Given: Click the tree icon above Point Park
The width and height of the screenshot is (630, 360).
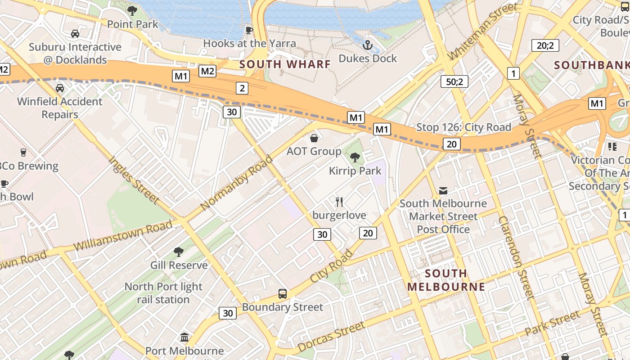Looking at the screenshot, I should point(132,11).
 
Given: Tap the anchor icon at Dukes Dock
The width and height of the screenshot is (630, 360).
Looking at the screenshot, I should point(368,45).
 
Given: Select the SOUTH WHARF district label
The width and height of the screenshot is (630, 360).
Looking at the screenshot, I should point(285,64).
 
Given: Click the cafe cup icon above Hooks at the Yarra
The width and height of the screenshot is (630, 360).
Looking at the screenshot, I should point(249,30).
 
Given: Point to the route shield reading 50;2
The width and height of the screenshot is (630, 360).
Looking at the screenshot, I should point(454,81).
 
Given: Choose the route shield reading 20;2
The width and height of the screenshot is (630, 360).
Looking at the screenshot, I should point(545,45).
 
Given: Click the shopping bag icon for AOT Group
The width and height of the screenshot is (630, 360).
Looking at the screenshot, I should point(314,138).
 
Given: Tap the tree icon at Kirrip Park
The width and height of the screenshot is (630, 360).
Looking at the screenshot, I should point(355,157).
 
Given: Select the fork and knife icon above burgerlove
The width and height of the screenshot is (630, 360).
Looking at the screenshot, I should point(339,202).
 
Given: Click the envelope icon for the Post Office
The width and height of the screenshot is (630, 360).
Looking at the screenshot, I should point(443,190).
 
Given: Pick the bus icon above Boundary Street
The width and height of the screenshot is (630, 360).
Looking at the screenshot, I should point(282,294).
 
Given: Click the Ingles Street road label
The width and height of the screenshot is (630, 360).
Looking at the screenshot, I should point(134,180).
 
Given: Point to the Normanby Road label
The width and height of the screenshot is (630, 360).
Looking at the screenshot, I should point(237,183).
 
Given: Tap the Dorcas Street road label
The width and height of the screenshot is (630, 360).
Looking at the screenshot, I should point(331,337).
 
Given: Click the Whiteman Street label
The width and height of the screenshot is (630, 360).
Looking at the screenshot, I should point(483,31).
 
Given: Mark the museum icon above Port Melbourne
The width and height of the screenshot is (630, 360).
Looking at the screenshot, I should point(184,337).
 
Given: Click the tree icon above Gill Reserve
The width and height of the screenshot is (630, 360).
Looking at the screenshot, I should point(179,252).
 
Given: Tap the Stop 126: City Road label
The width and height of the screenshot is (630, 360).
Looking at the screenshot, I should point(463,127).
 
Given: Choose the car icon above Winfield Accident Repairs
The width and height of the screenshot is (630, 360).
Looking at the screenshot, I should point(59,88).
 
